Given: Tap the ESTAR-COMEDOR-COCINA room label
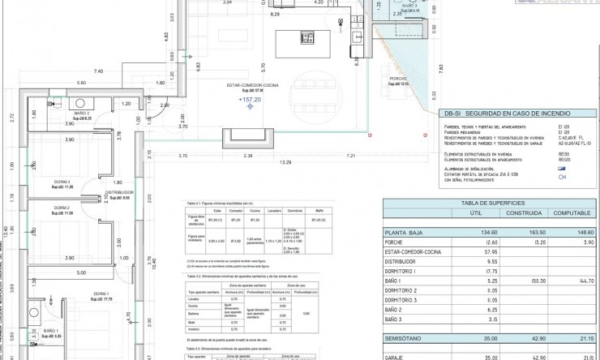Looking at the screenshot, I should [252, 84].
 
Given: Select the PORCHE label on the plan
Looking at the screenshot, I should [397, 79].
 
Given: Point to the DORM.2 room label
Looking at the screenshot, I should [62, 208].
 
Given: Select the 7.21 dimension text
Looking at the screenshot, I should [351, 155].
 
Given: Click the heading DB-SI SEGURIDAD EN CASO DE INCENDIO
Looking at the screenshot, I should [507, 115].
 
